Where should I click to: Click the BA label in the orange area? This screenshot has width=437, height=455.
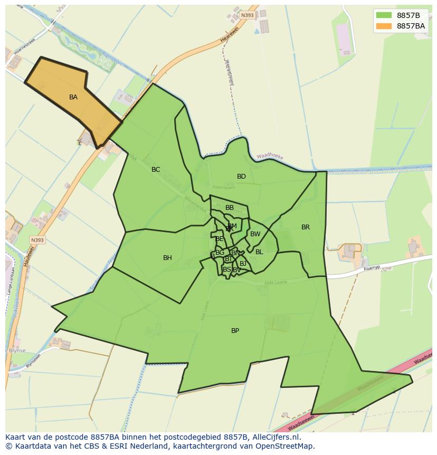[x=73, y=97]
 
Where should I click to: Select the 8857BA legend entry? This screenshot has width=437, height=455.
[x=411, y=26]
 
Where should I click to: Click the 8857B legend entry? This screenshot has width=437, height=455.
[x=408, y=15]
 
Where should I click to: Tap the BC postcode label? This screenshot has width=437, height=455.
[x=156, y=170]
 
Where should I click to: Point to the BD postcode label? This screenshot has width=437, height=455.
[x=241, y=177]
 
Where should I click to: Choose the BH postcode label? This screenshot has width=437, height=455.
[x=167, y=258]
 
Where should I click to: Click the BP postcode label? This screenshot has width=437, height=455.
[x=235, y=331]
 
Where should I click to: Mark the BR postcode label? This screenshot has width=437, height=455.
[x=306, y=227]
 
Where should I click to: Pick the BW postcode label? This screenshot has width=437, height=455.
[x=255, y=234]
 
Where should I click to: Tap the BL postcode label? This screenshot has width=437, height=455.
[x=259, y=252]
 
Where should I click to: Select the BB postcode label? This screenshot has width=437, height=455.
[x=230, y=208]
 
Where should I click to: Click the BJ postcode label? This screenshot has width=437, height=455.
[x=243, y=263]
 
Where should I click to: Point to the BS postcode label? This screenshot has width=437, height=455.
[x=226, y=270]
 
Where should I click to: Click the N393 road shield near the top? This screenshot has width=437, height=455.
[x=247, y=15]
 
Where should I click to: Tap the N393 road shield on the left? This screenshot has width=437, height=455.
[x=37, y=240]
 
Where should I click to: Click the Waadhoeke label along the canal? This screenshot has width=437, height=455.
[x=270, y=157]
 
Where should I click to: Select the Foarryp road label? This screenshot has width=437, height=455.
[x=372, y=268]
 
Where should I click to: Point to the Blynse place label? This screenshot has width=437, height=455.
[x=16, y=350]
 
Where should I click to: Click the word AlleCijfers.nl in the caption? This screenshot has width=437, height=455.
[x=274, y=437]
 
